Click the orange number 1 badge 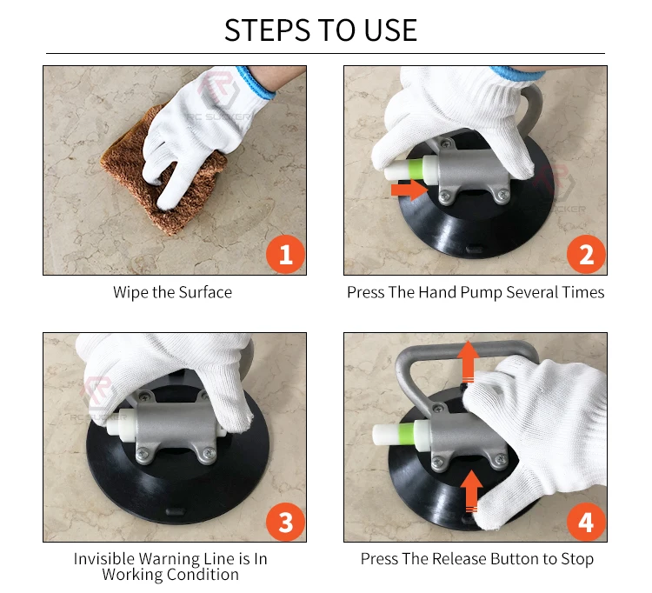[x=286, y=254]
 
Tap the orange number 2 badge [x=586, y=254]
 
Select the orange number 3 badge [x=286, y=522]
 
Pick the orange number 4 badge [x=586, y=522]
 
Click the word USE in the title [x=390, y=30]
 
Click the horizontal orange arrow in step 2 [x=409, y=190]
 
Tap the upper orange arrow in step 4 [x=469, y=361]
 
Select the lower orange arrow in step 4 [x=471, y=490]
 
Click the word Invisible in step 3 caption [x=104, y=559]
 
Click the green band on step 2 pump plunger [x=415, y=169]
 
